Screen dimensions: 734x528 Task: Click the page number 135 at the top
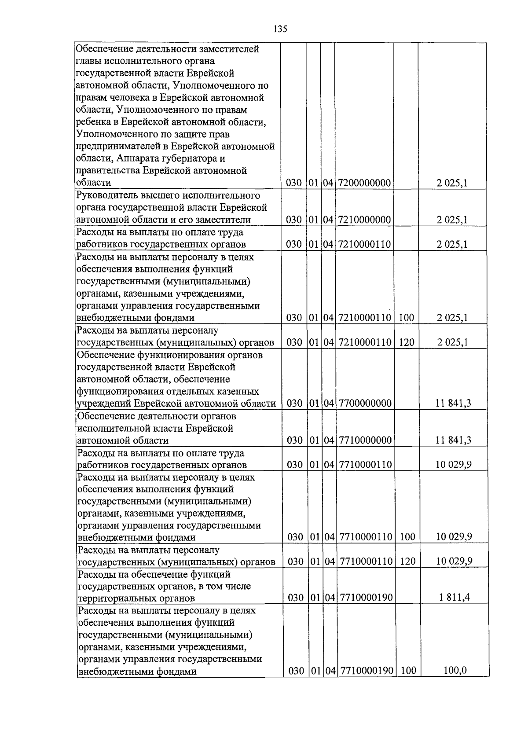(280, 29)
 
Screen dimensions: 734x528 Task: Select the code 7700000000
(365, 403)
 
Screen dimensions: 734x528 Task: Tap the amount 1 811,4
(454, 598)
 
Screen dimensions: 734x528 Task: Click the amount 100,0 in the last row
(455, 671)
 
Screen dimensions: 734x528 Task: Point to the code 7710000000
(365, 440)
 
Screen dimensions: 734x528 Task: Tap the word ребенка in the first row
(93, 122)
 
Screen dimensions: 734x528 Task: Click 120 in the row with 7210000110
(407, 342)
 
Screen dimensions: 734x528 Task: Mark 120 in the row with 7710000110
(408, 562)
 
